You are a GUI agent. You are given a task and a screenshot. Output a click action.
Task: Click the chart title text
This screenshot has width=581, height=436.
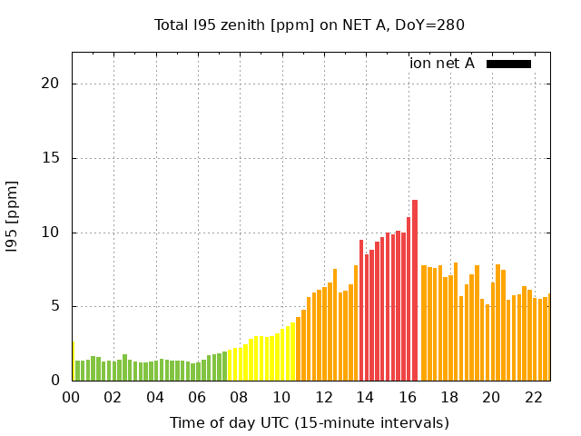click(x=310, y=25)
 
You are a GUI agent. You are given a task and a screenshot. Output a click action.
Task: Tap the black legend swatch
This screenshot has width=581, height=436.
click(x=508, y=64)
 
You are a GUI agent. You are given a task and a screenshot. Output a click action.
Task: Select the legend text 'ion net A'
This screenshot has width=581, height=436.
click(x=442, y=64)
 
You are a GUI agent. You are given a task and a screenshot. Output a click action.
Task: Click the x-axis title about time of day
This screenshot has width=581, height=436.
click(x=310, y=422)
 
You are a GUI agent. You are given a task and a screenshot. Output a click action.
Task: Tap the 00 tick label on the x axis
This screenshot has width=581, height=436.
click(x=72, y=397)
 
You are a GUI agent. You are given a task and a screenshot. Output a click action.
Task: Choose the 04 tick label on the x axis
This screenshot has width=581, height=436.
click(x=156, y=397)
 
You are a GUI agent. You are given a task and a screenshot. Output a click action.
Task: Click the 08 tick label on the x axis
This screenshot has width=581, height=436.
click(x=240, y=397)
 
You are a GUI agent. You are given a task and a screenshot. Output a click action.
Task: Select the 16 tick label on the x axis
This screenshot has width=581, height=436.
click(x=408, y=397)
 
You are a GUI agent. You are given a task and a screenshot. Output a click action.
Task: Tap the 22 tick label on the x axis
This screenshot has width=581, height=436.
click(x=534, y=397)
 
